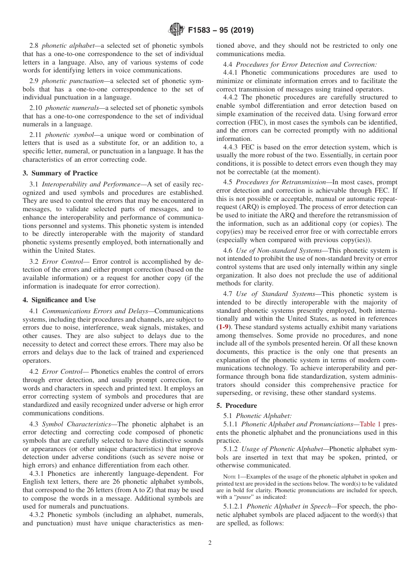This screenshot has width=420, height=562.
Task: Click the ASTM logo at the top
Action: pos(176,30)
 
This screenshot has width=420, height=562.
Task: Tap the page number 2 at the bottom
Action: pos(210,543)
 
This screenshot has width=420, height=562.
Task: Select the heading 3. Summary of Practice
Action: pos(60,173)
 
